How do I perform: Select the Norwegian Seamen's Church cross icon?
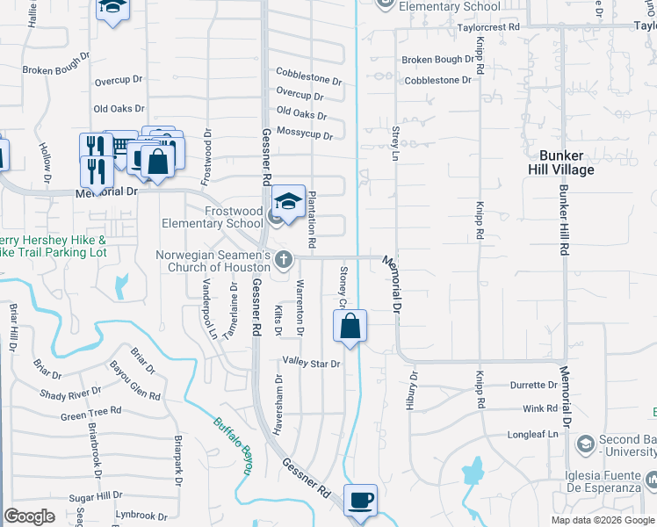pos(283,259)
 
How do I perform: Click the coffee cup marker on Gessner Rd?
pos(360,500)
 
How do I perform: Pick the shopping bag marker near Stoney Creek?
pos(350,326)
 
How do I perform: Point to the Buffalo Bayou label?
pos(233,444)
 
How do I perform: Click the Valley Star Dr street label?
pos(310,362)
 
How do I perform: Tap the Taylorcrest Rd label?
pos(489,27)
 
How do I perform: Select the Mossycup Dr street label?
pos(304,134)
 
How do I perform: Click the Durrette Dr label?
pos(528,386)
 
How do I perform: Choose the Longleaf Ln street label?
pos(533,434)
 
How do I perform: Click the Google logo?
pos(29,516)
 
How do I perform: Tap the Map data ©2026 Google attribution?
pos(603,520)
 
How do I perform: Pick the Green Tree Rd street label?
pos(90,412)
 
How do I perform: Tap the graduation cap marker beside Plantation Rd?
pos(288,202)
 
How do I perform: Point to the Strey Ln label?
pos(395,143)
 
